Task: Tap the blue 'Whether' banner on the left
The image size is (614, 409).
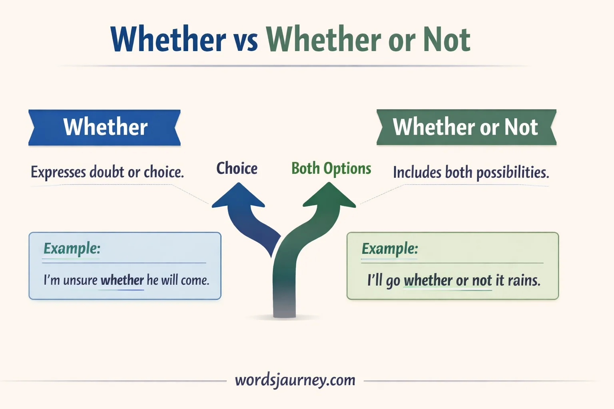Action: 105,127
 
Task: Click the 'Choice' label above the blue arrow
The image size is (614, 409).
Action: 237,169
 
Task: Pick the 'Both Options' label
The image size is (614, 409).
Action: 331,169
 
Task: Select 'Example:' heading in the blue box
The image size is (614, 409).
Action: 72,248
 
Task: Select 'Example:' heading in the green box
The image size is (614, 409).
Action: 390,248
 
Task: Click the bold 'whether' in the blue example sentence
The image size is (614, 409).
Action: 122,280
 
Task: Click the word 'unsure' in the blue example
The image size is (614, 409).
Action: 80,280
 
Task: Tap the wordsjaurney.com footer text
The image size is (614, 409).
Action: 295,380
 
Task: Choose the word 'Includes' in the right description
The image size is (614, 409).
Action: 417,173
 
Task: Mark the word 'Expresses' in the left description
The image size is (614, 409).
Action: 58,172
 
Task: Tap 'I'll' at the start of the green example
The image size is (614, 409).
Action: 375,280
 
